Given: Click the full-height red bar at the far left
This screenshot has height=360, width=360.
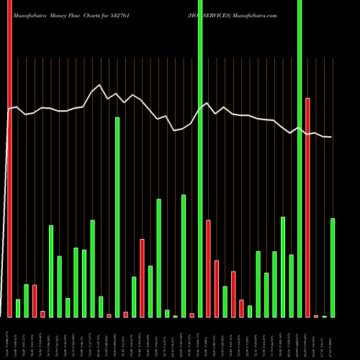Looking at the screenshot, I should coord(9,158).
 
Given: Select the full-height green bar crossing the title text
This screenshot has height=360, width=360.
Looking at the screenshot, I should coord(200,158).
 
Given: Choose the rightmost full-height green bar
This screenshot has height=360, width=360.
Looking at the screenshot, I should coord(300,158).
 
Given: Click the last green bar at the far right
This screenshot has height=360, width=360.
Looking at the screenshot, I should coord(333,267).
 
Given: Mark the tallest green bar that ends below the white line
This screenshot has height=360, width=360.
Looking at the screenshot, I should coord(117,217).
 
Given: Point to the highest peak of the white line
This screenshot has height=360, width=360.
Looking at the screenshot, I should coord(100,85).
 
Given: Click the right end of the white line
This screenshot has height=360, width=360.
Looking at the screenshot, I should coord(331,137).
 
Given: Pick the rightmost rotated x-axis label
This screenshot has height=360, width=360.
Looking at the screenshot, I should coord(333,338).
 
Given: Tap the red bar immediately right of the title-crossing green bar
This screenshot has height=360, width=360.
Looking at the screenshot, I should coord(208,268).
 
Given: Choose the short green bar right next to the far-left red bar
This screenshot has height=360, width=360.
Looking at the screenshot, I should coord(18,307).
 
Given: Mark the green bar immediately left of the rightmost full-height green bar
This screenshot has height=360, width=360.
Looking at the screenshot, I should coord(291,285).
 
